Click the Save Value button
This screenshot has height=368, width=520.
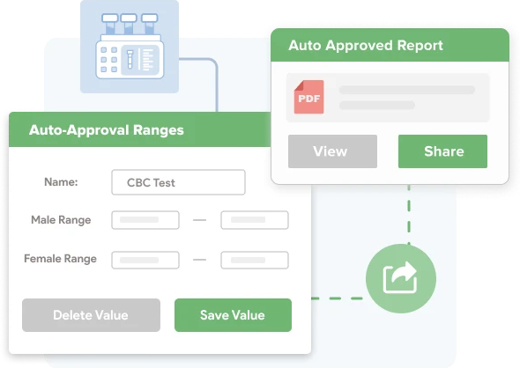(233, 315)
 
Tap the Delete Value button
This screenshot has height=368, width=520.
(91, 315)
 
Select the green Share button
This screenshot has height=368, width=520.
(442, 151)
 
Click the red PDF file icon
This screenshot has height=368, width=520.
(308, 97)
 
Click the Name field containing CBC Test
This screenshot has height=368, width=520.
(178, 182)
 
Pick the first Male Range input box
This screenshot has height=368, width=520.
(145, 220)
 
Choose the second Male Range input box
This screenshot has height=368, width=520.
(255, 220)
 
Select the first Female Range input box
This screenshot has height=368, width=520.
(145, 260)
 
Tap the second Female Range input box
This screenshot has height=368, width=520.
(255, 260)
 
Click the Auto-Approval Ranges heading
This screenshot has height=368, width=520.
(106, 130)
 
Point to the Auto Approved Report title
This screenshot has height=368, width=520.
(366, 46)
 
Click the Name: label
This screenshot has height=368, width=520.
(61, 182)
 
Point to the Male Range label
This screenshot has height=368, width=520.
(61, 220)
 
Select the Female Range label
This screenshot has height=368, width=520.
(60, 259)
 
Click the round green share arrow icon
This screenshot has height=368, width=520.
(401, 278)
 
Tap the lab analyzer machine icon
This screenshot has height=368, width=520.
(130, 46)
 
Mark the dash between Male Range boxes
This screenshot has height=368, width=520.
(200, 220)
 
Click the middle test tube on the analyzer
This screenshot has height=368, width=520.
(129, 24)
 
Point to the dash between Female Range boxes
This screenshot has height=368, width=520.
(200, 260)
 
